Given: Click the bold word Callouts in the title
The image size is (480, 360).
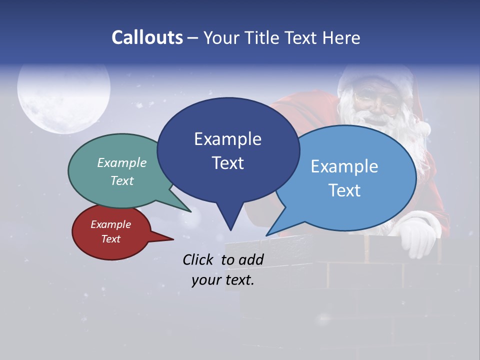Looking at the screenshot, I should click(x=147, y=37).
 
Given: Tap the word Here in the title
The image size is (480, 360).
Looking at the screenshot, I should click(x=341, y=37).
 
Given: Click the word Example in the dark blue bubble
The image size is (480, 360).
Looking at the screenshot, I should click(x=227, y=139).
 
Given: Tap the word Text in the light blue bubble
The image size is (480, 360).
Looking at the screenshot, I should click(x=345, y=190).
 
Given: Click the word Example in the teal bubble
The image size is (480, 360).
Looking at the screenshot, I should click(x=122, y=162).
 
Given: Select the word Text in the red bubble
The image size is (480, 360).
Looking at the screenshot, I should click(x=111, y=239).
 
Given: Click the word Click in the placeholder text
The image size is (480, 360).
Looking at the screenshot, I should click(x=198, y=259).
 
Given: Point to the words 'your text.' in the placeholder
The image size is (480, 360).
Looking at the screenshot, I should click(x=223, y=280).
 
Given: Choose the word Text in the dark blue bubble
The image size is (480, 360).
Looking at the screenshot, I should click(x=227, y=163).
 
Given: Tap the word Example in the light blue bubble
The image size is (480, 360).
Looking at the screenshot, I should click(x=344, y=166).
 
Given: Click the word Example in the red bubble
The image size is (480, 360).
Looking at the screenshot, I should click(x=110, y=224).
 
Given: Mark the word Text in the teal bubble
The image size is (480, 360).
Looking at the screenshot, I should click(x=122, y=180).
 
